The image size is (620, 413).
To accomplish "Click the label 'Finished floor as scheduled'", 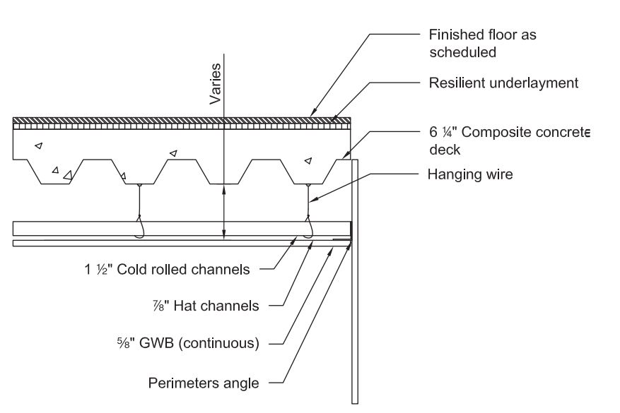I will coord(487,43).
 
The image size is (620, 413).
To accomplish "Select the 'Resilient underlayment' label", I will coord(503,83).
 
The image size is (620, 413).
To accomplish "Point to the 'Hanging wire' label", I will coord(470,174).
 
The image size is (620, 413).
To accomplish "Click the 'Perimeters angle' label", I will coord(204,383).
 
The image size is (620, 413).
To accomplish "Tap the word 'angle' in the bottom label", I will coord(242,384).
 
